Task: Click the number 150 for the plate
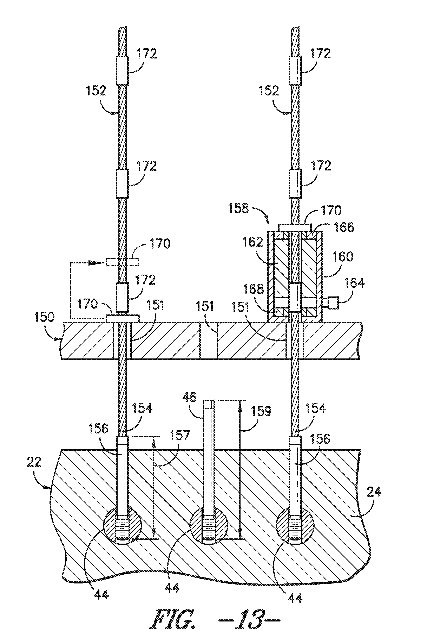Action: [x=44, y=317]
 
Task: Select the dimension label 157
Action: [x=179, y=435]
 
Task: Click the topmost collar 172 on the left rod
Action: [x=122, y=70]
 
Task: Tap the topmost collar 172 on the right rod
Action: [x=295, y=70]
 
